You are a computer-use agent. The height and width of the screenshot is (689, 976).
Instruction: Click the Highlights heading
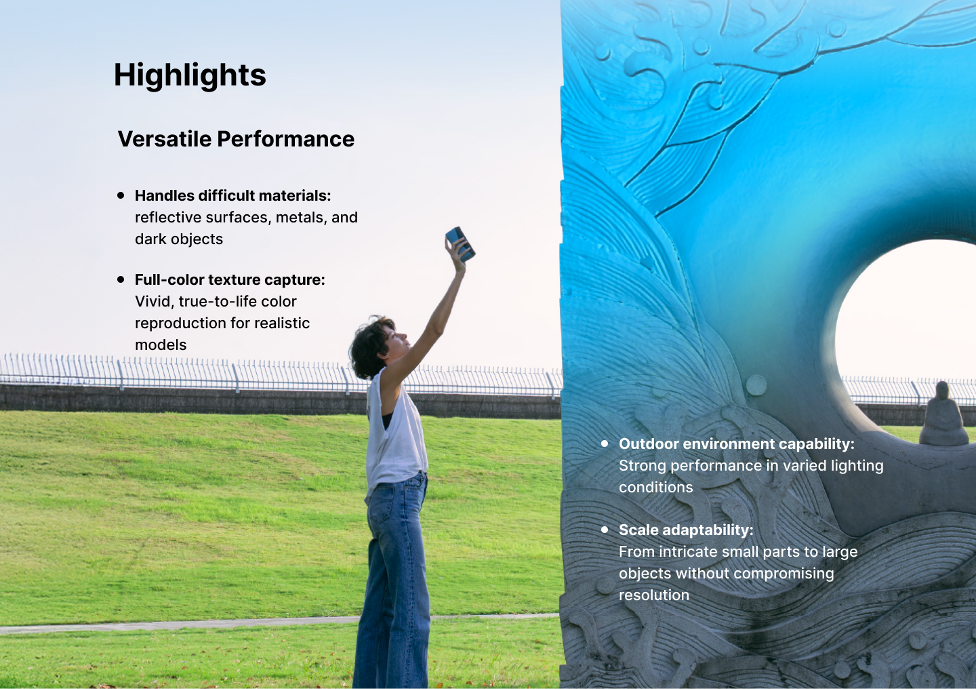(190, 76)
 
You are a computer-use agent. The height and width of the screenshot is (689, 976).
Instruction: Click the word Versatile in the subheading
(164, 139)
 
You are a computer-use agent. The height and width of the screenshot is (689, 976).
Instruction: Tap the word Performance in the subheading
(286, 139)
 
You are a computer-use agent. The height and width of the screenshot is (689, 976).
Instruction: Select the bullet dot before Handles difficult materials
(121, 195)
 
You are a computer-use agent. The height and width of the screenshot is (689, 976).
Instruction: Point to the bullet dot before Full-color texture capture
(121, 279)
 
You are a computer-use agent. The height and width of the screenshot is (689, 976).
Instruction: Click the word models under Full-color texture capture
(161, 345)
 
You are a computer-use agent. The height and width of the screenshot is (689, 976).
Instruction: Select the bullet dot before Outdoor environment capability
(605, 444)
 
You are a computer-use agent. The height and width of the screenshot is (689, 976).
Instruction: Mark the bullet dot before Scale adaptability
(605, 530)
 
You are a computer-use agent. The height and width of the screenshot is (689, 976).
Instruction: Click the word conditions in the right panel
(656, 487)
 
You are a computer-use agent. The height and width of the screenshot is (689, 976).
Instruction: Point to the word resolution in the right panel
(654, 595)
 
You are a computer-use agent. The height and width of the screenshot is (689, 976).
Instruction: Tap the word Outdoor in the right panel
(649, 444)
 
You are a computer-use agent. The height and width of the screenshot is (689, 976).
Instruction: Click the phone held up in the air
(461, 243)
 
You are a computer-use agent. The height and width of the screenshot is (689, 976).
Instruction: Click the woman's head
(378, 347)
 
